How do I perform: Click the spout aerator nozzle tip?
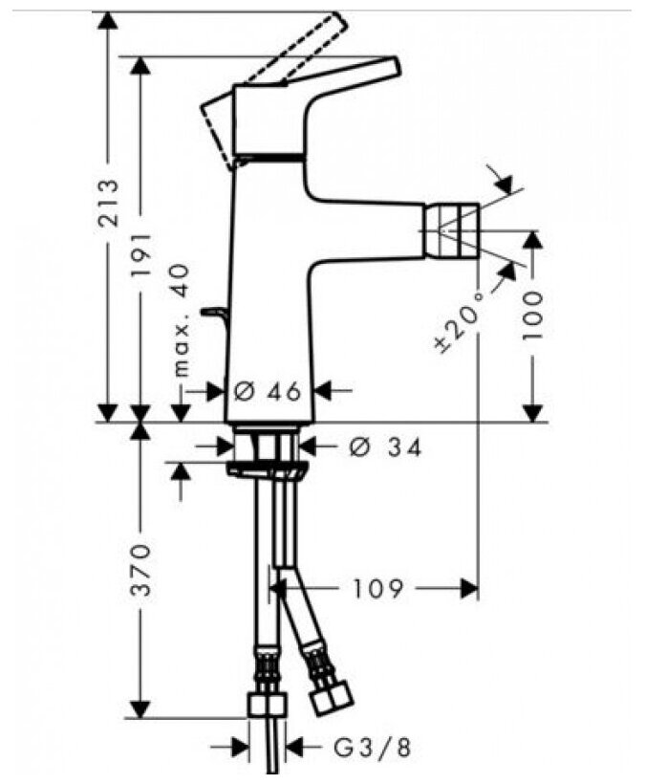tap(455, 230)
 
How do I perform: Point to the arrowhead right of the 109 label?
tap(468, 588)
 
